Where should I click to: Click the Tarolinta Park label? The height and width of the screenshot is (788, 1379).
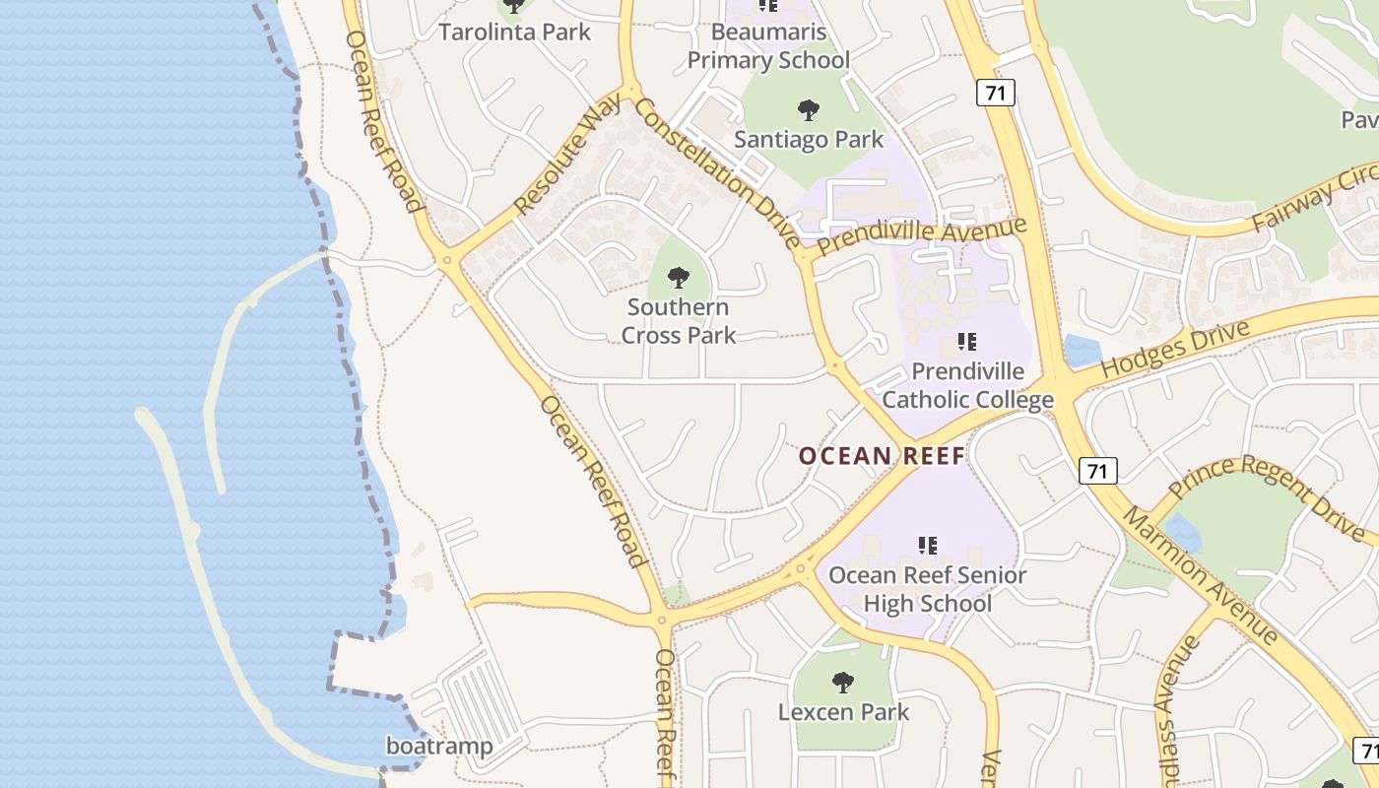514,32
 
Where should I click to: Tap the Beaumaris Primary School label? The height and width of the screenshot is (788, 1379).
767,46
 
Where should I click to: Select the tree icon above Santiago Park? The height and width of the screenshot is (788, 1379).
809,109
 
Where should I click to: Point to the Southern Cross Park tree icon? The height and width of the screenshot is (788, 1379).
679,277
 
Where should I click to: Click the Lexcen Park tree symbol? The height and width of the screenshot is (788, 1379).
842,682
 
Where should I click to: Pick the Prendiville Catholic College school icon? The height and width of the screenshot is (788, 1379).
967,343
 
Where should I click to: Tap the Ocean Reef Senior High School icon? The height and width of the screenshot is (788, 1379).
927,545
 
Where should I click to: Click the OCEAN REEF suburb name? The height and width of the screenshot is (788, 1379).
882,456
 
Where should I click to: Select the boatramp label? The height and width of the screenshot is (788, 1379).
439,746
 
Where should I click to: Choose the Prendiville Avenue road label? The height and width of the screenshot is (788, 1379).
921,238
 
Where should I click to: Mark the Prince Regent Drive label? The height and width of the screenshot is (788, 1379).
1272,498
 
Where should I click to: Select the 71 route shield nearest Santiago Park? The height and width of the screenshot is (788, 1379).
996,94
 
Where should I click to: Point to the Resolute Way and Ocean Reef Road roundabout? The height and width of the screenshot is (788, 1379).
447,261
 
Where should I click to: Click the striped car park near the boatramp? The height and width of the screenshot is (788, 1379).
484,700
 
